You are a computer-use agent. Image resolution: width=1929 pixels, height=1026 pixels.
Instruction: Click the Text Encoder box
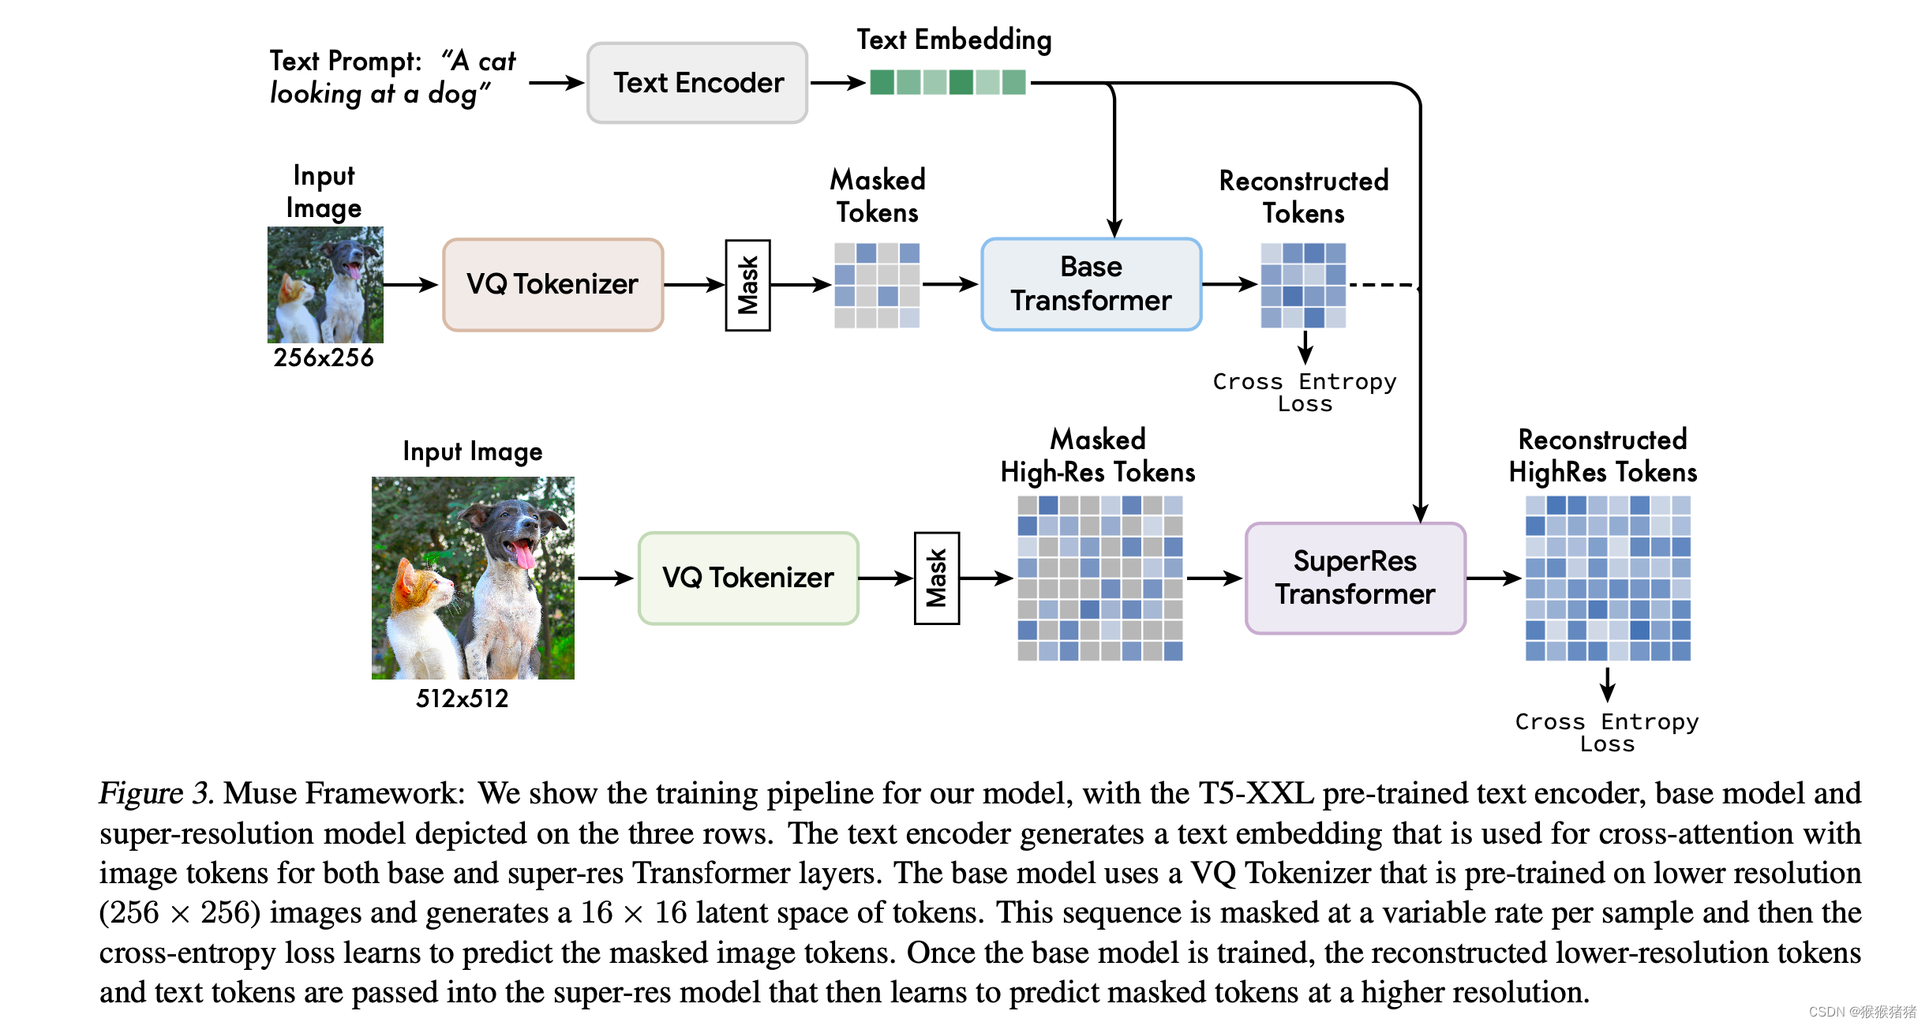coord(697,83)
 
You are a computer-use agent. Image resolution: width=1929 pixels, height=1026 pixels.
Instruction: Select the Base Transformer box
coord(1091,284)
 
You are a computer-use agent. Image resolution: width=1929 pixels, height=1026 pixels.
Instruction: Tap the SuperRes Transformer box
coord(1355,578)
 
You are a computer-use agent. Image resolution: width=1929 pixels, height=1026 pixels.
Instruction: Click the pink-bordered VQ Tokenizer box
coord(552,284)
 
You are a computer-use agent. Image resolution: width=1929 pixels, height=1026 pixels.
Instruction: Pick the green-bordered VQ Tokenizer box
coord(748,578)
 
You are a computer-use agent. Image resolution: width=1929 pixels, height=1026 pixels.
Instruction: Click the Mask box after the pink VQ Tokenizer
coord(747,285)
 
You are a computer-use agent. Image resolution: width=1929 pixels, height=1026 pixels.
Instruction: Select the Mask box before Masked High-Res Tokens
coord(936,579)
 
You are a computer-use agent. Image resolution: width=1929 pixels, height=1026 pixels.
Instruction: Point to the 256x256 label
coord(324,358)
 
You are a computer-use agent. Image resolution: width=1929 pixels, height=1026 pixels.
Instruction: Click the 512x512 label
coord(463,698)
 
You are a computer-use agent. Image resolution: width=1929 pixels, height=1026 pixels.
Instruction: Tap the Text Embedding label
coord(954,39)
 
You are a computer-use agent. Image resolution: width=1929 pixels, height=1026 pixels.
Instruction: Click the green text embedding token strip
coord(947,82)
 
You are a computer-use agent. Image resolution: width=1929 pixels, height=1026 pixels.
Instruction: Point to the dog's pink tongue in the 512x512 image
coord(523,555)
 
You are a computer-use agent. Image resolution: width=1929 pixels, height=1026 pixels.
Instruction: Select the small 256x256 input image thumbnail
coord(325,285)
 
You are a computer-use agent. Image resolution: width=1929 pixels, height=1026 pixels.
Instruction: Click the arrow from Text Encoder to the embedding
coord(838,82)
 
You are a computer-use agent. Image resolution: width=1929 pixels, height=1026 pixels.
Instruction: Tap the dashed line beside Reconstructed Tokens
coord(1383,285)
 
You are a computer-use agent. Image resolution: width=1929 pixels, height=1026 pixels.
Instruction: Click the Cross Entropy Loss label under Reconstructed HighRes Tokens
coord(1607,732)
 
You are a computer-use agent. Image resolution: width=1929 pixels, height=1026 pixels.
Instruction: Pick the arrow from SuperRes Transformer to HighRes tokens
coord(1494,579)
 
